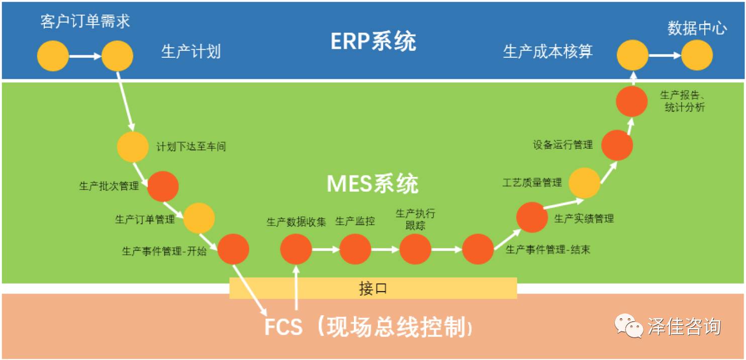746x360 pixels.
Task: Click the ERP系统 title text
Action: (x=373, y=41)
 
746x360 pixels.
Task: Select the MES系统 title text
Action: (x=372, y=184)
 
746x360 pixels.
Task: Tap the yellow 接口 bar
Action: (x=372, y=288)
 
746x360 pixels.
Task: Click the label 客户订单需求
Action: (x=85, y=21)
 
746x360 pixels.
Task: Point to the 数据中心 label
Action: (x=697, y=28)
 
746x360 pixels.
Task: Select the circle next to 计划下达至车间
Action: (x=133, y=147)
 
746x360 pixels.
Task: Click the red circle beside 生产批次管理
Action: (x=163, y=187)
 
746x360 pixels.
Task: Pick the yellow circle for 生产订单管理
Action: (x=199, y=218)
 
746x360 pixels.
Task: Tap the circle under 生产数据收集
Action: (x=296, y=249)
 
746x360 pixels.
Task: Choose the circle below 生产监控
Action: (x=355, y=249)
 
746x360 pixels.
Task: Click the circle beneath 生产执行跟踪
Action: (x=415, y=249)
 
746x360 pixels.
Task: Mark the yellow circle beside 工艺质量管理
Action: (x=584, y=183)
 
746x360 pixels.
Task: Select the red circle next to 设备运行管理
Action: (x=617, y=145)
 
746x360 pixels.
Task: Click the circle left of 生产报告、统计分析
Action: (x=632, y=102)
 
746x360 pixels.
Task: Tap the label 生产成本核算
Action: (x=548, y=51)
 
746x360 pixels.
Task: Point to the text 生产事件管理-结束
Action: (x=547, y=249)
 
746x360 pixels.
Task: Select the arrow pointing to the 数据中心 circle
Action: (x=664, y=55)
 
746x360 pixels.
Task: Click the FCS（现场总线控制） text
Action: (x=368, y=327)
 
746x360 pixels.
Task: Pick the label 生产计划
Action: (x=191, y=51)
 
